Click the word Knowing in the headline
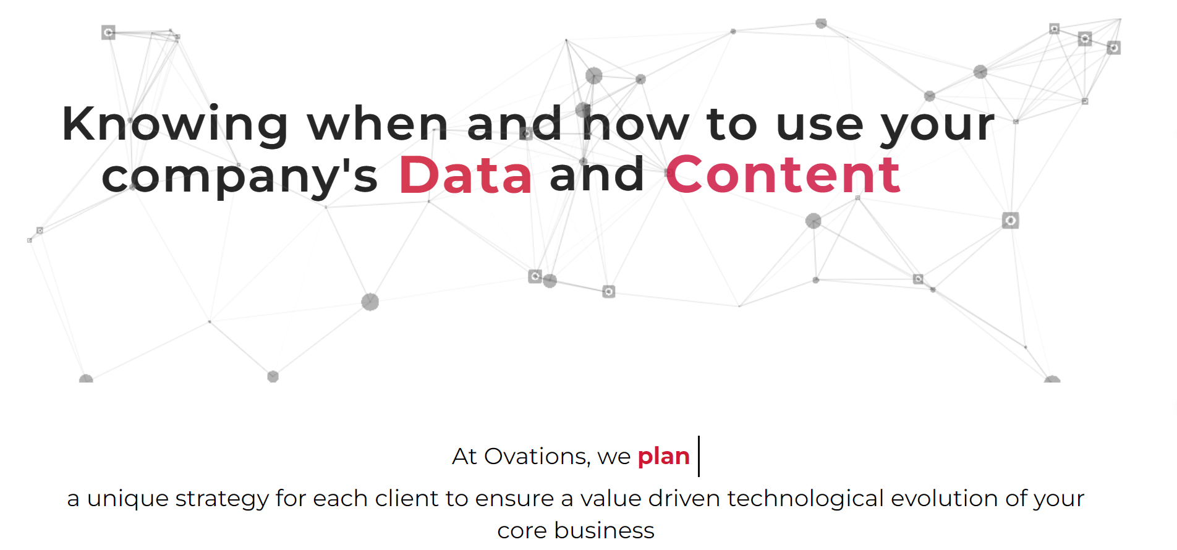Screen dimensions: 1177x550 175,125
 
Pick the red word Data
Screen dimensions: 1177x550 465,175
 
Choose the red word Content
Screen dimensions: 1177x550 783,175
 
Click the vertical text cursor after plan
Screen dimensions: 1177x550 699,456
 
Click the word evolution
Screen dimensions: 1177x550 944,498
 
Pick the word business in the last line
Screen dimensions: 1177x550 604,530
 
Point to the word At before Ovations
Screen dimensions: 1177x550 464,457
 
